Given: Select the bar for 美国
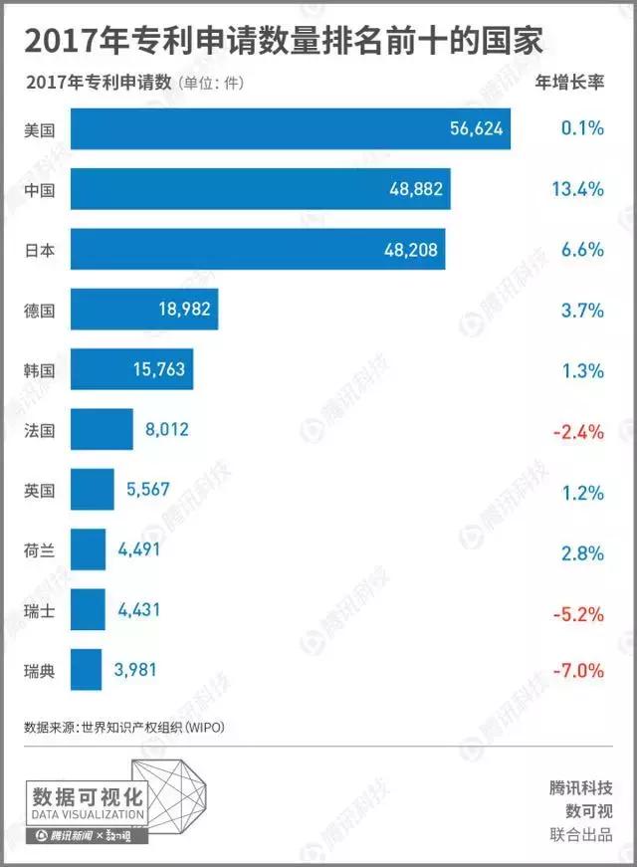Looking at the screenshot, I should pyautogui.click(x=289, y=129).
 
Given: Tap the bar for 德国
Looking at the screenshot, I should pyautogui.click(x=143, y=310).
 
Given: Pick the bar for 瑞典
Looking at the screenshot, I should pyautogui.click(x=86, y=670).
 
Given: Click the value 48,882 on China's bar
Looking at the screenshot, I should pyautogui.click(x=414, y=189).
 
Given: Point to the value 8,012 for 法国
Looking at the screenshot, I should pyautogui.click(x=166, y=430).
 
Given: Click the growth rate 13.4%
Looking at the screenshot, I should pyautogui.click(x=577, y=189).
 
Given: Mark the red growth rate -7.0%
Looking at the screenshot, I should pyautogui.click(x=576, y=670).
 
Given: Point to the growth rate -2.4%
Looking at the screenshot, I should pyautogui.click(x=576, y=430).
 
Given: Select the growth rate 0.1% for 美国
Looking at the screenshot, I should pyautogui.click(x=581, y=129).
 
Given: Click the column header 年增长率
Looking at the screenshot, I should pyautogui.click(x=569, y=83).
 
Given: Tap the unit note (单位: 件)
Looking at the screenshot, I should pyautogui.click(x=210, y=84).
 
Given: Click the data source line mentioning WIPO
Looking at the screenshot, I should pyautogui.click(x=124, y=727).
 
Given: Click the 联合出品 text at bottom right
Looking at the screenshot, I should pyautogui.click(x=581, y=834).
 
